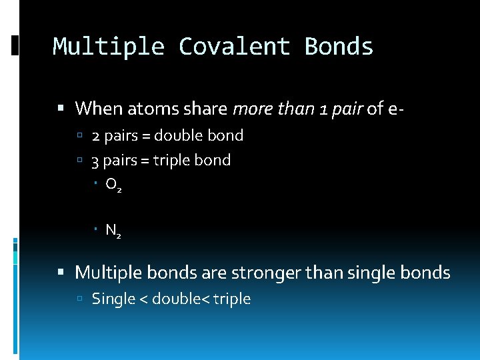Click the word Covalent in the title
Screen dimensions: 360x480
[x=234, y=47]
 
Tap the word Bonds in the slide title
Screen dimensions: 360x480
[x=339, y=47]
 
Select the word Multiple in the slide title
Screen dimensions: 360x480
[x=109, y=47]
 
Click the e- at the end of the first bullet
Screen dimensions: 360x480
[x=394, y=108]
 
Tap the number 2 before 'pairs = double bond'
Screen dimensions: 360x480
[x=96, y=136]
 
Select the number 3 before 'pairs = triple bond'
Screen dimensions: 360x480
[x=96, y=161]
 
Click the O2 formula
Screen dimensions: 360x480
[x=113, y=185]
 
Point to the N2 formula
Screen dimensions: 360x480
[x=113, y=231]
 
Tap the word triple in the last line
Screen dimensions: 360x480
[x=231, y=299]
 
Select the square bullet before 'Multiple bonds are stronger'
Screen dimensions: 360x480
[x=61, y=273]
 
